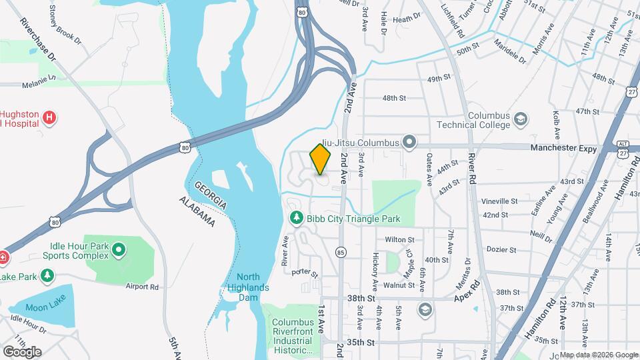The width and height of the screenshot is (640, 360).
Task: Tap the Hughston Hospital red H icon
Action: pos(49,118)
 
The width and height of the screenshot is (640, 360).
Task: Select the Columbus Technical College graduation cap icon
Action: pos(521,120)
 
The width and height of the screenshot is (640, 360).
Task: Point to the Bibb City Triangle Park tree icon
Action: pos(296,218)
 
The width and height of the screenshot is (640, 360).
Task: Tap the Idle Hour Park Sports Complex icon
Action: pos(119,251)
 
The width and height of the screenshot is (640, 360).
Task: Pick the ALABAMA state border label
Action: pos(197,211)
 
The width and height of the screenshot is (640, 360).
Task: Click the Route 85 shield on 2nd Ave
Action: pos(341,252)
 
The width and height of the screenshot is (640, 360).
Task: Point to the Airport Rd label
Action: pos(142,287)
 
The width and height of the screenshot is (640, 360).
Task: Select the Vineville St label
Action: pos(500,201)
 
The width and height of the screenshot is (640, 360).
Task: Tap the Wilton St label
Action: pos(400,239)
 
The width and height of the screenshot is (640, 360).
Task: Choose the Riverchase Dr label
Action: pos(39,41)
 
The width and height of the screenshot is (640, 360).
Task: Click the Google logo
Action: pos(22,351)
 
